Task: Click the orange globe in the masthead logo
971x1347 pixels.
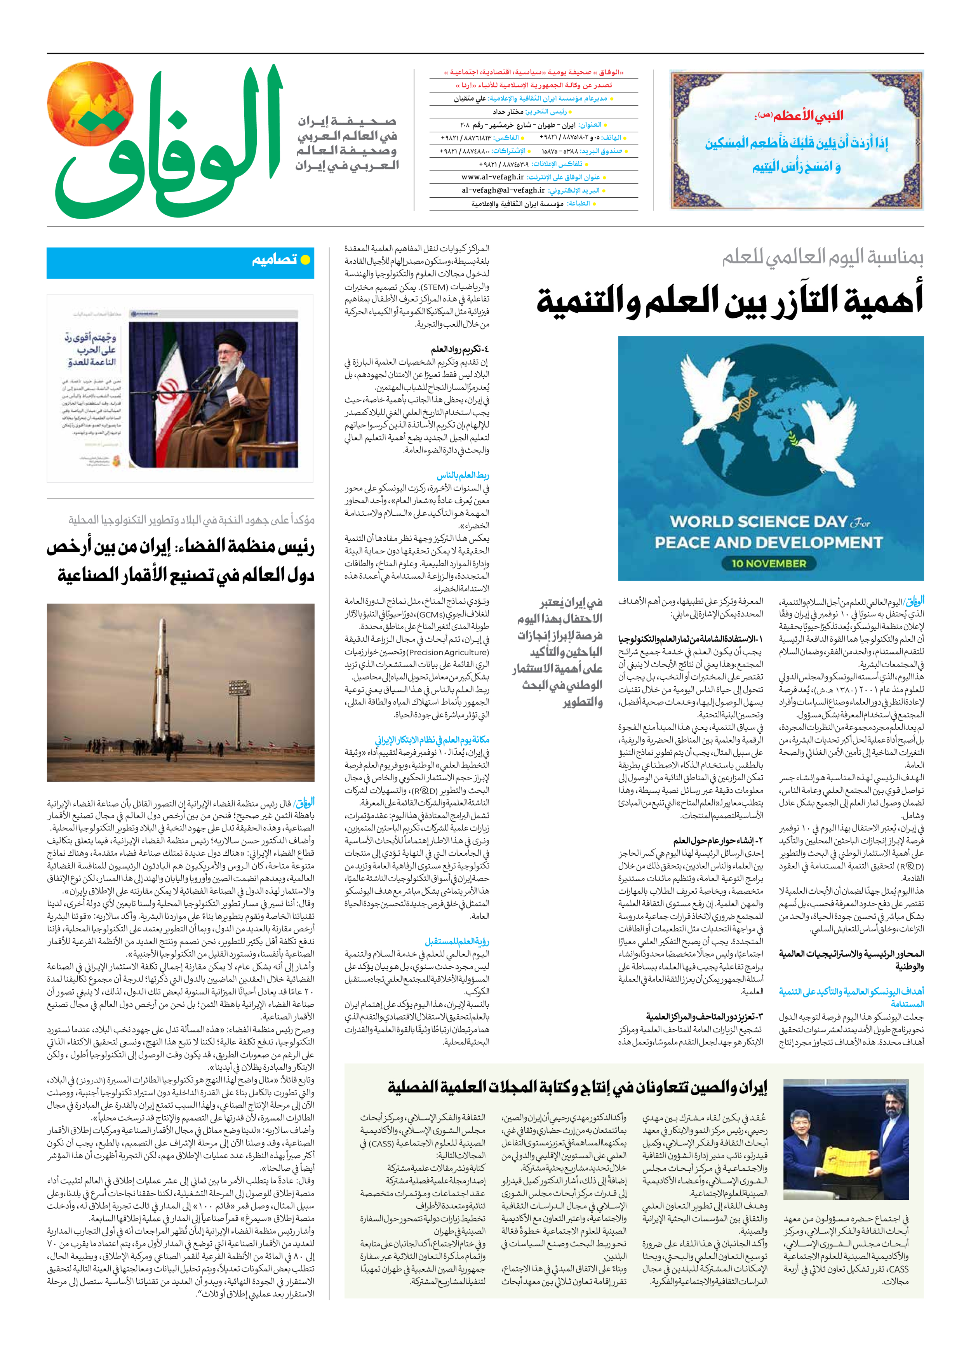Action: click(x=90, y=104)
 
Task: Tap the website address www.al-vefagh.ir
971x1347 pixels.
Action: click(x=492, y=177)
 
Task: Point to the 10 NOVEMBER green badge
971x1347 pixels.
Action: click(x=769, y=563)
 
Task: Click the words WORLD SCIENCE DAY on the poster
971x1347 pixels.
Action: click(x=759, y=522)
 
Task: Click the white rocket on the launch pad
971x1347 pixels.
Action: click(x=160, y=683)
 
